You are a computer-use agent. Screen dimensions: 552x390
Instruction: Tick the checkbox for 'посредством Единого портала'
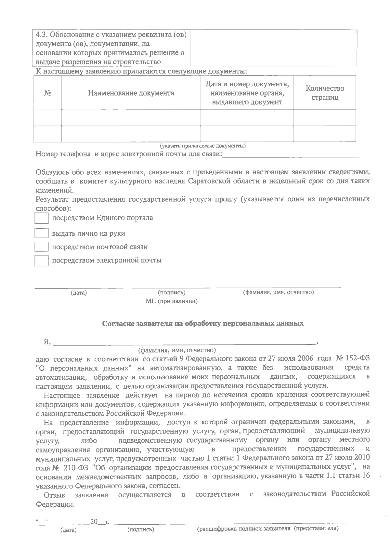(42, 218)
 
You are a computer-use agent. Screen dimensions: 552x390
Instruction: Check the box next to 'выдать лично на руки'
(42, 234)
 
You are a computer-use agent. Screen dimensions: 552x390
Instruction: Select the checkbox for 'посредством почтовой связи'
(42, 247)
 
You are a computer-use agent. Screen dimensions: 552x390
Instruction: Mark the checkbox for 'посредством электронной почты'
(42, 261)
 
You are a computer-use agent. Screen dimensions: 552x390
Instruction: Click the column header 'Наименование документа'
(131, 93)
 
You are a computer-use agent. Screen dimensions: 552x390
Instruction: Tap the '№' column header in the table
(48, 93)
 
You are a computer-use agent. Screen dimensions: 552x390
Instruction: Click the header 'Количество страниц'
(325, 93)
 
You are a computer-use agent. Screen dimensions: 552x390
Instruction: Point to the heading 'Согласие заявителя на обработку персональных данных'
(203, 324)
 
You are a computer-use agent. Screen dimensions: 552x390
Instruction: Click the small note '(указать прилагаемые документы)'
(203, 146)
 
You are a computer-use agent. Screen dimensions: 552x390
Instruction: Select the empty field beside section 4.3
(273, 48)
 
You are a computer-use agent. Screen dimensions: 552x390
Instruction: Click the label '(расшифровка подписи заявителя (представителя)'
(268, 529)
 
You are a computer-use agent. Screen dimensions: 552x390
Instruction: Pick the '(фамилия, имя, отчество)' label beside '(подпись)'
(278, 292)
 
